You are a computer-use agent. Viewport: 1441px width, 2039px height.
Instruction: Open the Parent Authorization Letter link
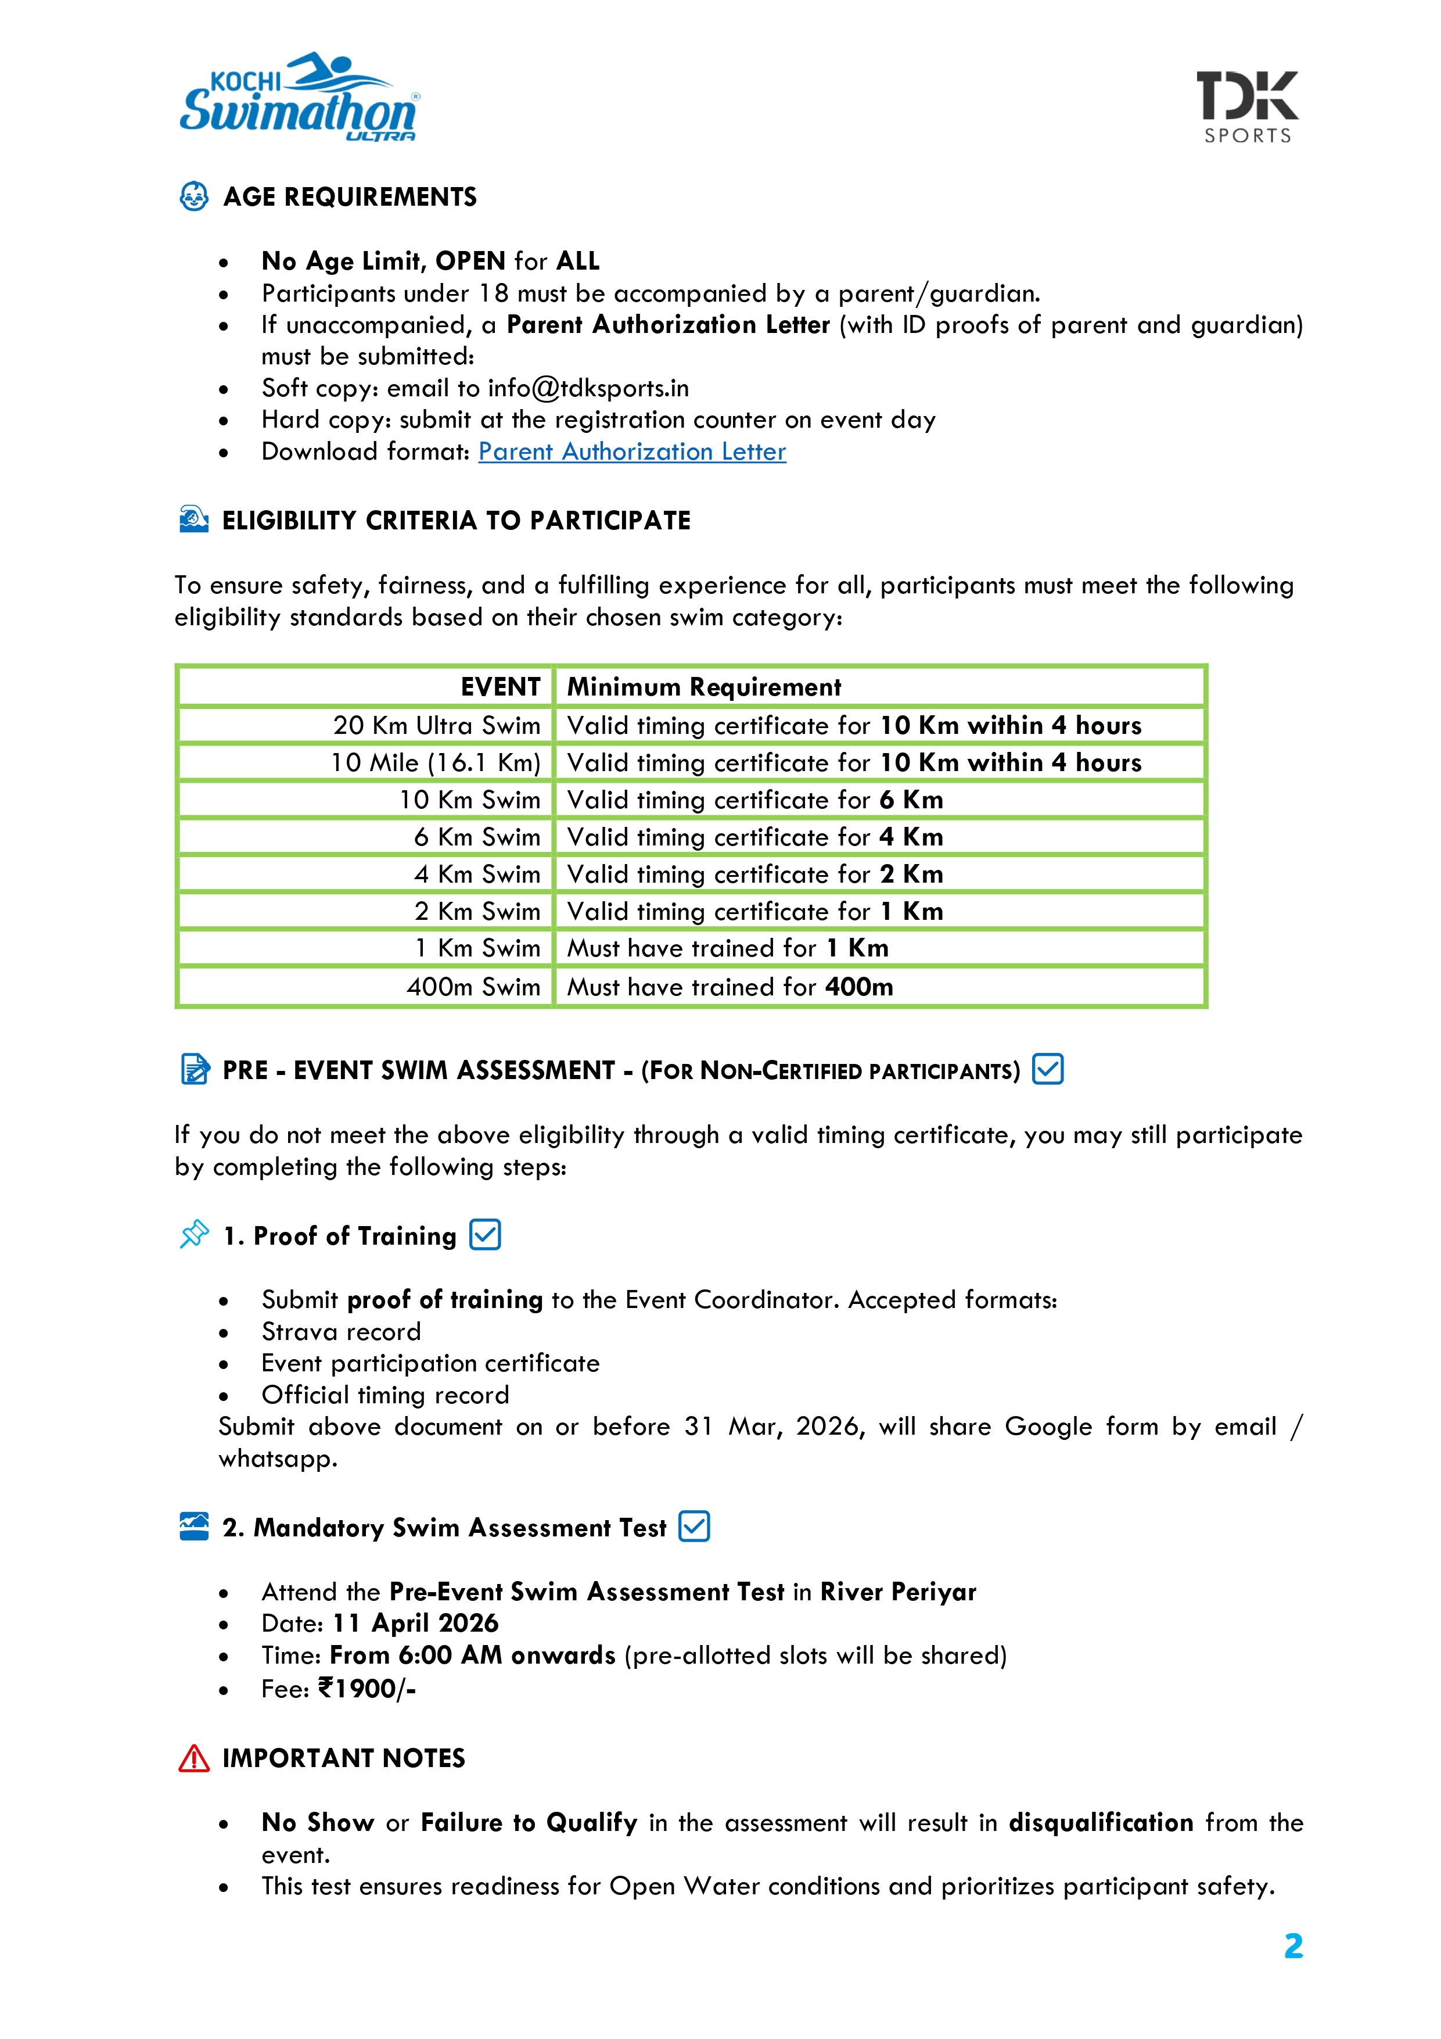(x=631, y=452)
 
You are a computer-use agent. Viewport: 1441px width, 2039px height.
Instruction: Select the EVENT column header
(x=500, y=686)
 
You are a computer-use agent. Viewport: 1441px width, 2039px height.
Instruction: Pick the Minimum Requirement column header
(x=704, y=686)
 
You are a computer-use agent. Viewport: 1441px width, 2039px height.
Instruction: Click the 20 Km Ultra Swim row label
(x=436, y=726)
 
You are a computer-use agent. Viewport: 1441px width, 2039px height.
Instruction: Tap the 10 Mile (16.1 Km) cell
(x=435, y=763)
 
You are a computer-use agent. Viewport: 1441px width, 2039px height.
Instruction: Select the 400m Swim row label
(x=473, y=987)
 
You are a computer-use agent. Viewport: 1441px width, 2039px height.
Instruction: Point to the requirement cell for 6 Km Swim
(x=754, y=837)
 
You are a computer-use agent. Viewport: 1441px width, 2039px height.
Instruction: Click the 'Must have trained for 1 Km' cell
(x=727, y=948)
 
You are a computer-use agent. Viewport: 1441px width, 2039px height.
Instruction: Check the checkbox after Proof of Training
(x=485, y=1234)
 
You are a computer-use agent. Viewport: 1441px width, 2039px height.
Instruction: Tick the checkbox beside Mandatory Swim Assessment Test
(x=693, y=1526)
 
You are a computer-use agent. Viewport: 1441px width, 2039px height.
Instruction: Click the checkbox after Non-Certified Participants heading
(x=1048, y=1069)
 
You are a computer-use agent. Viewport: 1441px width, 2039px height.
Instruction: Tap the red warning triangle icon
(x=193, y=1758)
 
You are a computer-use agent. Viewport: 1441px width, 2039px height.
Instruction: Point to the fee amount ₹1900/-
(x=366, y=1688)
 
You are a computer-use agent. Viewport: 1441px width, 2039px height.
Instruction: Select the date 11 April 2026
(x=415, y=1624)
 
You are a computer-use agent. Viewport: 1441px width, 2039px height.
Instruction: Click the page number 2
(x=1293, y=1946)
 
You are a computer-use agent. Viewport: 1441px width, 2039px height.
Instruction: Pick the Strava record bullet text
(x=341, y=1332)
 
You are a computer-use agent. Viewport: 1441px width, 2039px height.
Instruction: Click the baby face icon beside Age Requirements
(x=193, y=196)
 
